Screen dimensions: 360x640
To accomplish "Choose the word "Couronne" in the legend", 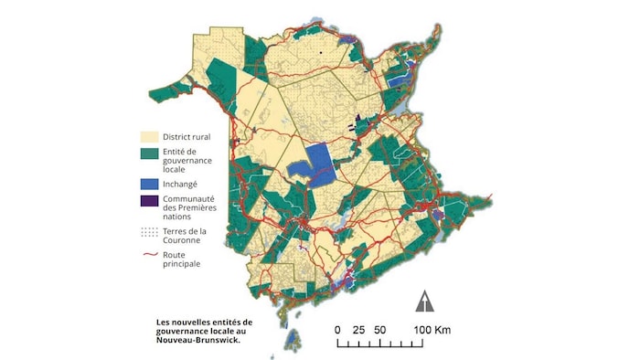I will pos(184,241).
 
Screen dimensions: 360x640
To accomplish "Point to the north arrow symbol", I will pos(425,301).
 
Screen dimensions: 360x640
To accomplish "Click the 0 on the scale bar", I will pos(337,329).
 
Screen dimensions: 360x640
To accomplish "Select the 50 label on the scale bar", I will pos(380,329).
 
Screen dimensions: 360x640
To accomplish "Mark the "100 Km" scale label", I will pos(430,329).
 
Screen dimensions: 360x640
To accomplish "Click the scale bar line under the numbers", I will pos(384,344).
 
